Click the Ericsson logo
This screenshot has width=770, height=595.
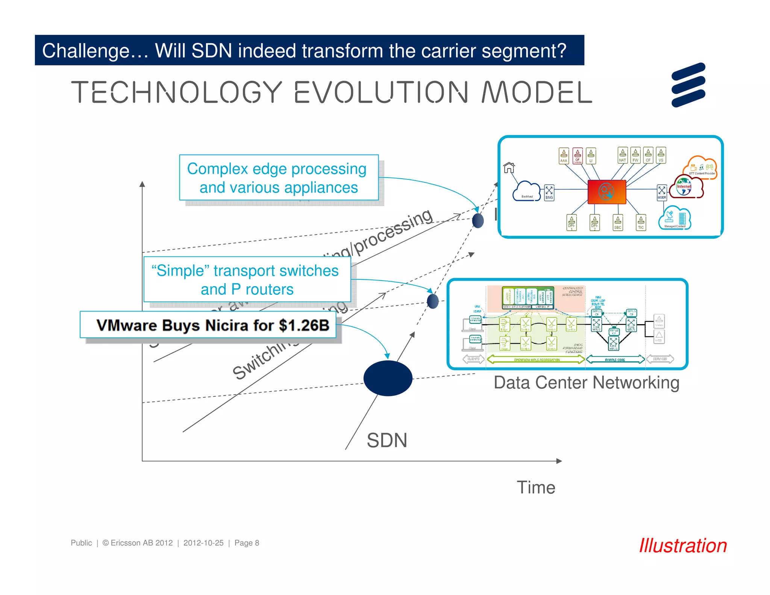point(688,85)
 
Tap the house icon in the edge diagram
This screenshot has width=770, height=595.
point(509,167)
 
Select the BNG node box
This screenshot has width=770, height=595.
point(549,193)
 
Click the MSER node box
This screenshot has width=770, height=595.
point(661,193)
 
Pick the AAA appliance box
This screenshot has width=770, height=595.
point(564,156)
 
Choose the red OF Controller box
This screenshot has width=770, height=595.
point(577,156)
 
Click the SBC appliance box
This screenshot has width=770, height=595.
point(617,223)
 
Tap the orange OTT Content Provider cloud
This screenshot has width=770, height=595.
point(702,167)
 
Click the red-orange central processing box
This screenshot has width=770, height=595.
point(606,192)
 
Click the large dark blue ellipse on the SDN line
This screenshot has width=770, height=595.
point(388,378)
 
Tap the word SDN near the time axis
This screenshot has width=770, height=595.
point(387,440)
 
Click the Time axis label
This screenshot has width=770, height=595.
point(536,487)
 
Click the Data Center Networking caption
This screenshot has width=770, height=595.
point(586,383)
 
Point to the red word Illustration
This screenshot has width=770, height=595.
point(683,546)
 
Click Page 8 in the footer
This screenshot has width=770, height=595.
point(247,543)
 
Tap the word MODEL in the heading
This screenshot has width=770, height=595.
point(537,92)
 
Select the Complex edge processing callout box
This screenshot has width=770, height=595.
point(279,178)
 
